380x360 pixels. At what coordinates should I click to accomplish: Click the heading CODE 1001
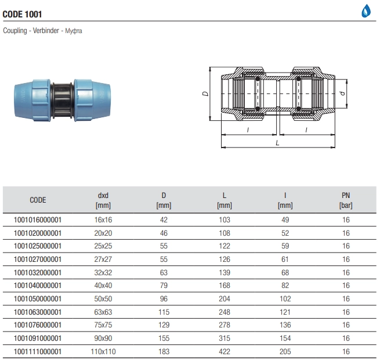point(22,15)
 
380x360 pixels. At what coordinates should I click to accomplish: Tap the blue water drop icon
point(366,11)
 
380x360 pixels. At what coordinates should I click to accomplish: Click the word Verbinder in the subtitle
point(46,31)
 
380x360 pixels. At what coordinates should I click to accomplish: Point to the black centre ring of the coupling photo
point(62,100)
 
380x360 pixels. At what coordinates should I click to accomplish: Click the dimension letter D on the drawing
point(205,93)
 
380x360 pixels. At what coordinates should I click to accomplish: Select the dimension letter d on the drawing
point(342,93)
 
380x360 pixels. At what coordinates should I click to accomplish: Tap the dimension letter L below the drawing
point(277,143)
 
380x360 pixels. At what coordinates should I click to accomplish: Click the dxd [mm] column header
point(103,200)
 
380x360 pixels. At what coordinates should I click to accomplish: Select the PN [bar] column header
point(346,200)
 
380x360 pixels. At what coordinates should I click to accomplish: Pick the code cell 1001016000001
point(38,220)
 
